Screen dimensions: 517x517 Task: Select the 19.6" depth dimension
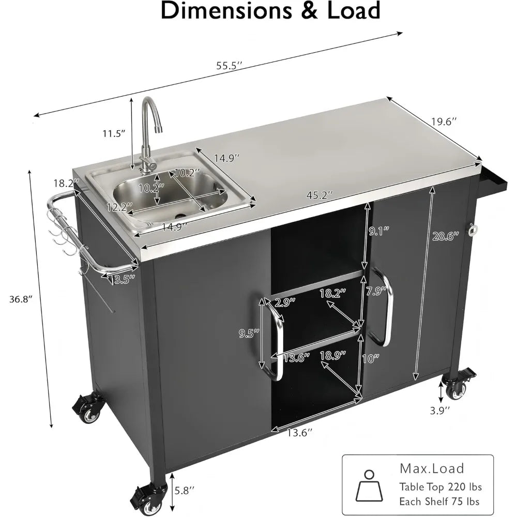(x=444, y=122)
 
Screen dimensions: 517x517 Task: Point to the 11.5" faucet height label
(x=114, y=133)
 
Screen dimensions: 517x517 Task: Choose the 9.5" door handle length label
(x=248, y=333)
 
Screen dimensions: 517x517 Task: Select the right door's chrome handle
(x=386, y=305)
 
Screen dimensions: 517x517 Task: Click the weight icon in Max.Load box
(x=369, y=486)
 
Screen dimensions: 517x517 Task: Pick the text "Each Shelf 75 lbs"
(x=439, y=501)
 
